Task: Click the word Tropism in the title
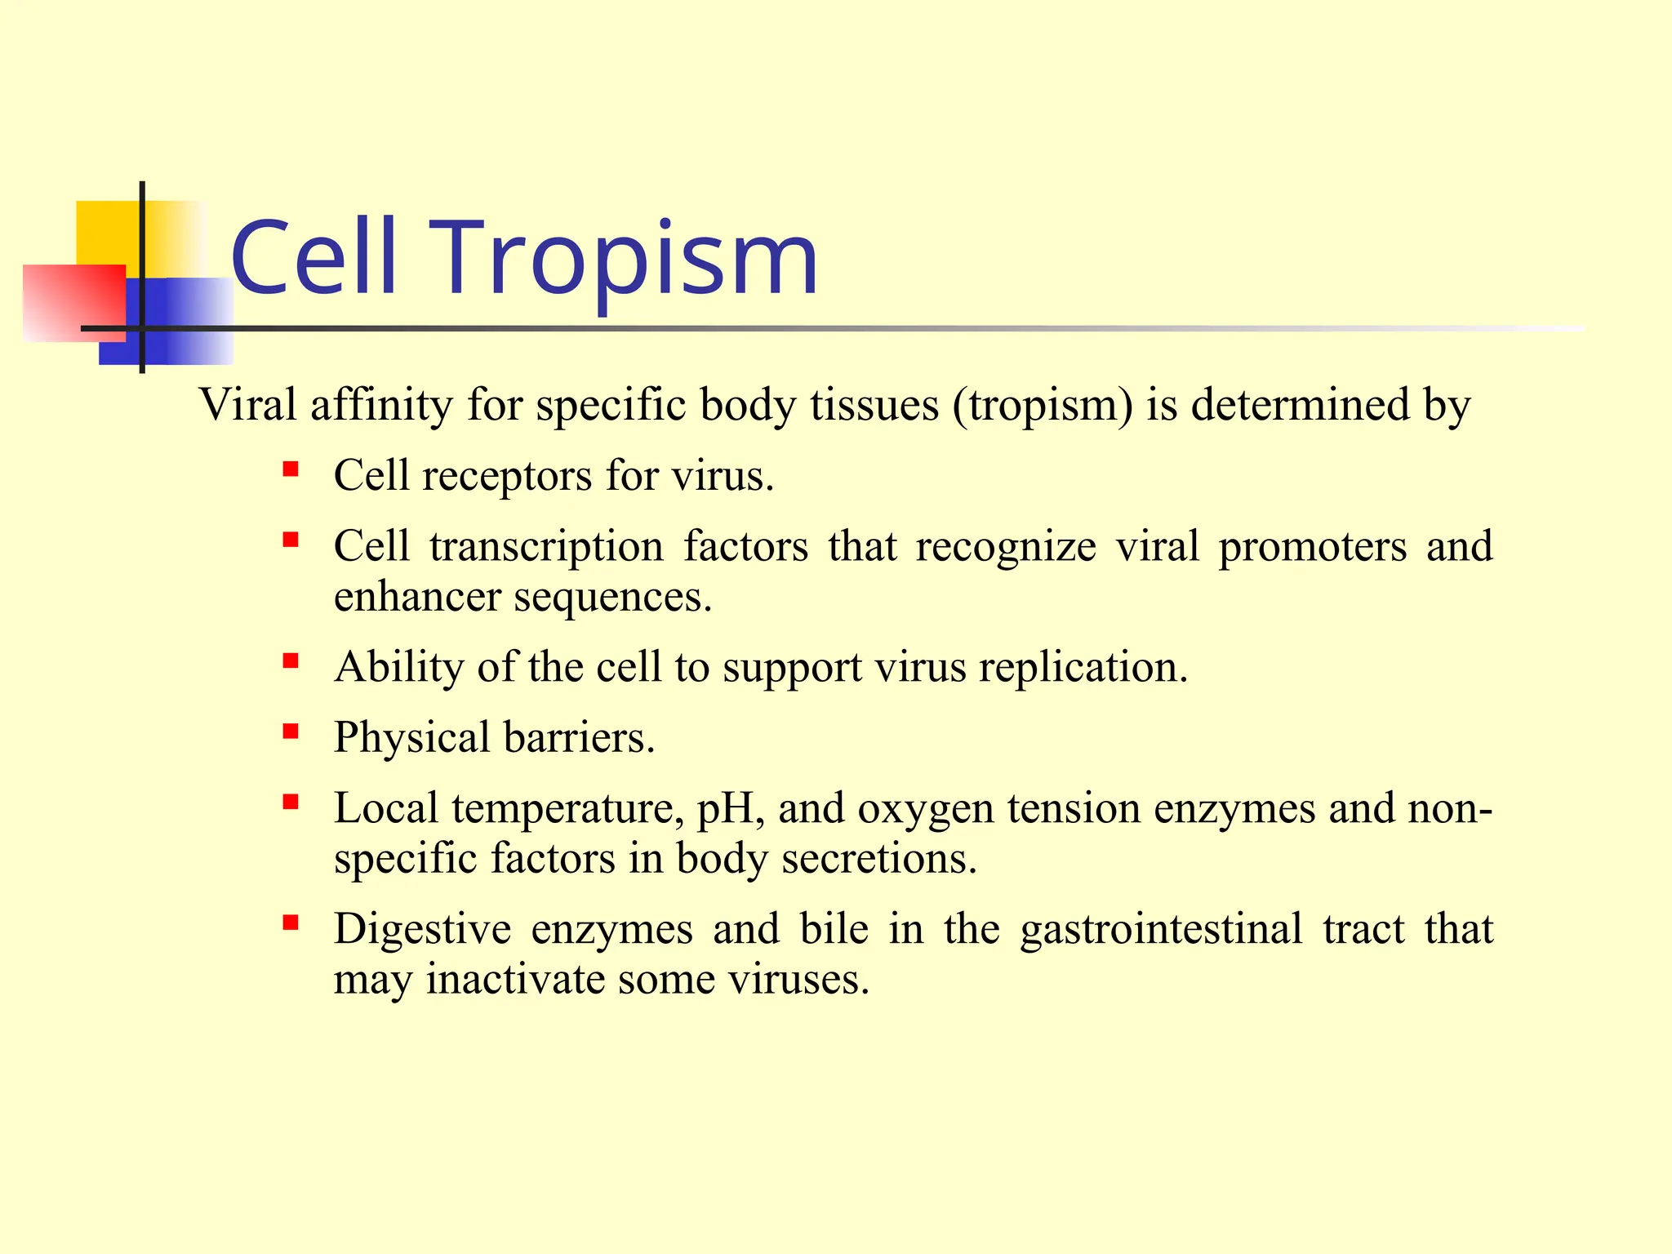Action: (629, 260)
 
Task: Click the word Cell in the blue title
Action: (314, 260)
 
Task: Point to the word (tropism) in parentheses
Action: (1043, 405)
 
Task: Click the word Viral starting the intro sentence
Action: (247, 405)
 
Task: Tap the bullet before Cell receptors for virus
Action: (291, 470)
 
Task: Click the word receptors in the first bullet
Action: (506, 475)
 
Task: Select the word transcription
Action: (546, 546)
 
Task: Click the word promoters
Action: (1312, 546)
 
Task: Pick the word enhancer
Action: (416, 597)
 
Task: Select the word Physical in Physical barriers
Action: (411, 737)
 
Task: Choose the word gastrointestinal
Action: (1161, 929)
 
